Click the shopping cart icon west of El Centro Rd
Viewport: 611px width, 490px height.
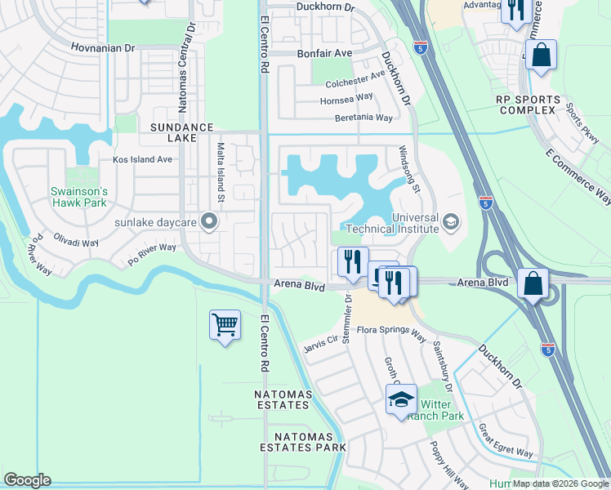225,325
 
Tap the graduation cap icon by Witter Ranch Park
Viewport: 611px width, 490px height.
401,400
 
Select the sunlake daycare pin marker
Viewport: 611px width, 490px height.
208,220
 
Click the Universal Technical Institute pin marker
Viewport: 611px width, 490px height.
449,222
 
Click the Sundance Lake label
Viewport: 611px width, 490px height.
181,133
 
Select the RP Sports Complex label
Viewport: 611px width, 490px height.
528,105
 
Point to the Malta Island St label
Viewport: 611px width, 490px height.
221,172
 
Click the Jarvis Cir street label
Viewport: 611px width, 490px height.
319,341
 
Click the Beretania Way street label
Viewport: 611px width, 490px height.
363,118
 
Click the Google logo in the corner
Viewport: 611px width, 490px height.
28,480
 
